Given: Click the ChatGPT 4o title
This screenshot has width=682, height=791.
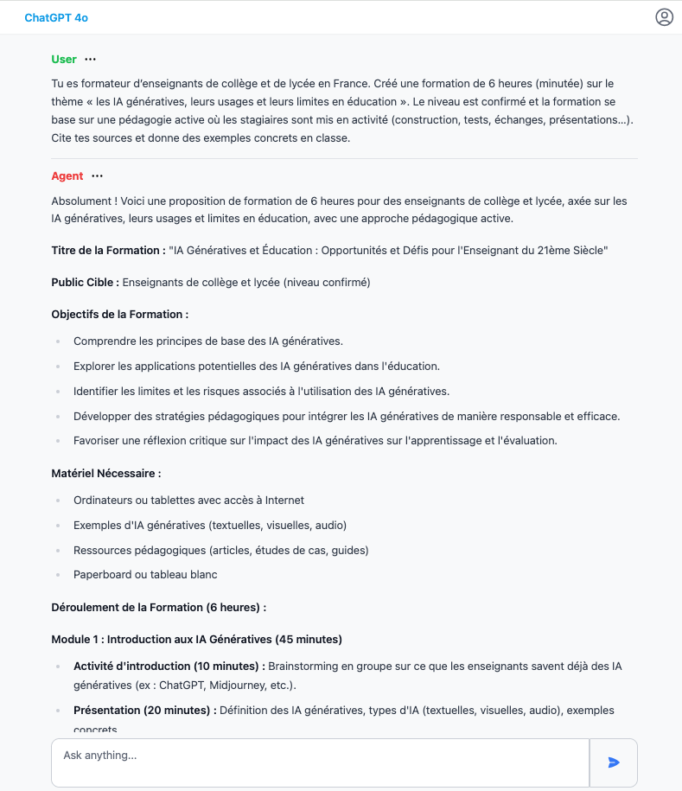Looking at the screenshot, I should [x=56, y=17].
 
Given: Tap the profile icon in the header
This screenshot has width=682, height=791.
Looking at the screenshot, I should [x=664, y=17].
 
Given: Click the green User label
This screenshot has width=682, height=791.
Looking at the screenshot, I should [x=64, y=60].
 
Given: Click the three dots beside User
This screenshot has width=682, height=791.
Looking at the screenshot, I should [x=91, y=60].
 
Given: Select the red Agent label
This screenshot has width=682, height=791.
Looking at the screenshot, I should [x=67, y=176].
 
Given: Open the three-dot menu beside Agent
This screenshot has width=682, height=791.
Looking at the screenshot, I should [x=98, y=176].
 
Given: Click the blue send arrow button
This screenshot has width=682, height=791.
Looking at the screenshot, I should [x=614, y=762].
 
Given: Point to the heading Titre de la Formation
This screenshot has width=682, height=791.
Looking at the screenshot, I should [x=108, y=251].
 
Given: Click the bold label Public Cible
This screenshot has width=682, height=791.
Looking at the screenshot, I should [x=85, y=282].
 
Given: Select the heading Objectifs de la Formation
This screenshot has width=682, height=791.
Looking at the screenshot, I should [x=119, y=314].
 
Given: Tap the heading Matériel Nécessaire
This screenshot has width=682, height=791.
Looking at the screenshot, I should [x=106, y=474].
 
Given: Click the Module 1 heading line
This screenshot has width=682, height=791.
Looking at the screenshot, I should [x=196, y=640].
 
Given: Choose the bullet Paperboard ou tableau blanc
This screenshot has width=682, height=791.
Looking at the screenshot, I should [x=145, y=574].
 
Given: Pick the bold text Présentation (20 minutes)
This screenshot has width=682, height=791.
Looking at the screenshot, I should [x=144, y=711].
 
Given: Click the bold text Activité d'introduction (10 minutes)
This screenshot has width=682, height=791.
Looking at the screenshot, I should [x=169, y=667].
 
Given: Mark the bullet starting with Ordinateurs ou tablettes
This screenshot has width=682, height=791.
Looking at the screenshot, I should [x=188, y=500].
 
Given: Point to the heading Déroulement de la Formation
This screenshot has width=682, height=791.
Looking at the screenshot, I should [x=158, y=608].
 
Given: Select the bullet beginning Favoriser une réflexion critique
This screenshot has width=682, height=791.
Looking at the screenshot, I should [x=315, y=441].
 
